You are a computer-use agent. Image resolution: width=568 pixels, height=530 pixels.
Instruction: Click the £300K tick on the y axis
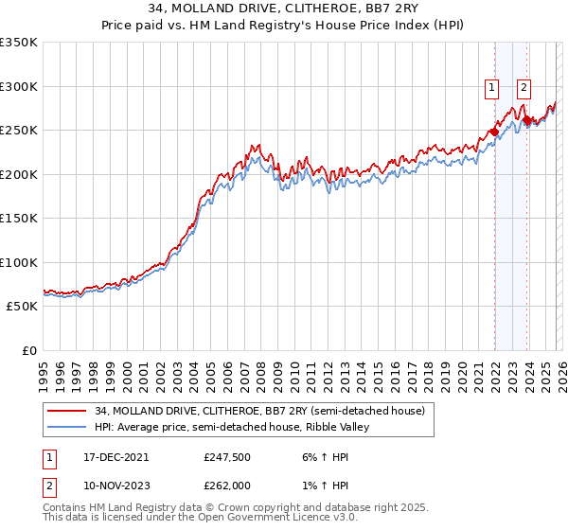click(18, 86)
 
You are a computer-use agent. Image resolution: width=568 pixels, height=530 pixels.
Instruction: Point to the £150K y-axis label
click(18, 219)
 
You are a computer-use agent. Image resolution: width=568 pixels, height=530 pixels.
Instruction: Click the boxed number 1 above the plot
click(492, 89)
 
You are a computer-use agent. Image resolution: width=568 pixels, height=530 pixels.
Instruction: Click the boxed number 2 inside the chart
click(524, 89)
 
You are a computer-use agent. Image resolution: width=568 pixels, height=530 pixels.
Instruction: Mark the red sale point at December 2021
click(494, 132)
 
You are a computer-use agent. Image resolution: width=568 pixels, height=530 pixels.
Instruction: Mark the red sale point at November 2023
click(527, 119)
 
